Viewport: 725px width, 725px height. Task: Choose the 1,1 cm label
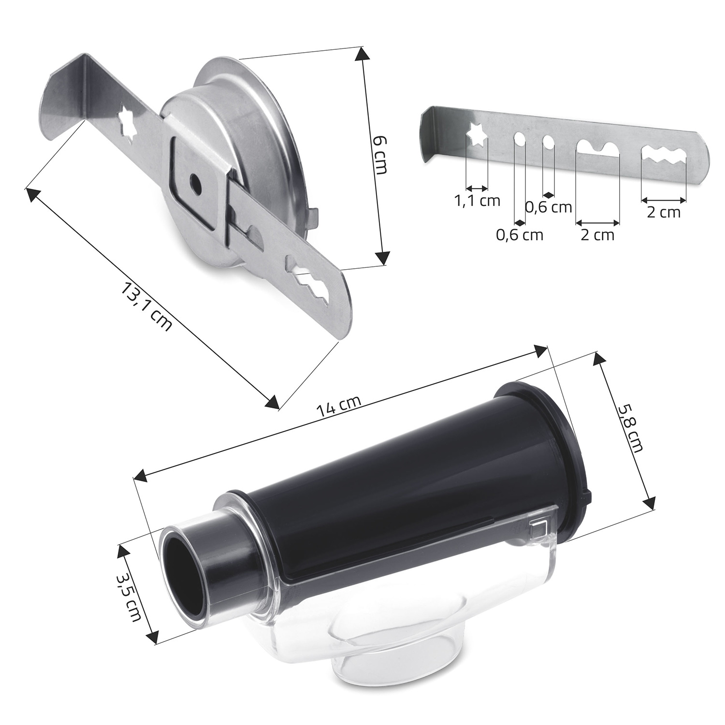coord(478,200)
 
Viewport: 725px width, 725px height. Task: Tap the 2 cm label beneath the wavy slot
coord(664,212)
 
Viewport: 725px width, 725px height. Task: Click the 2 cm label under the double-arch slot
coord(597,235)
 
